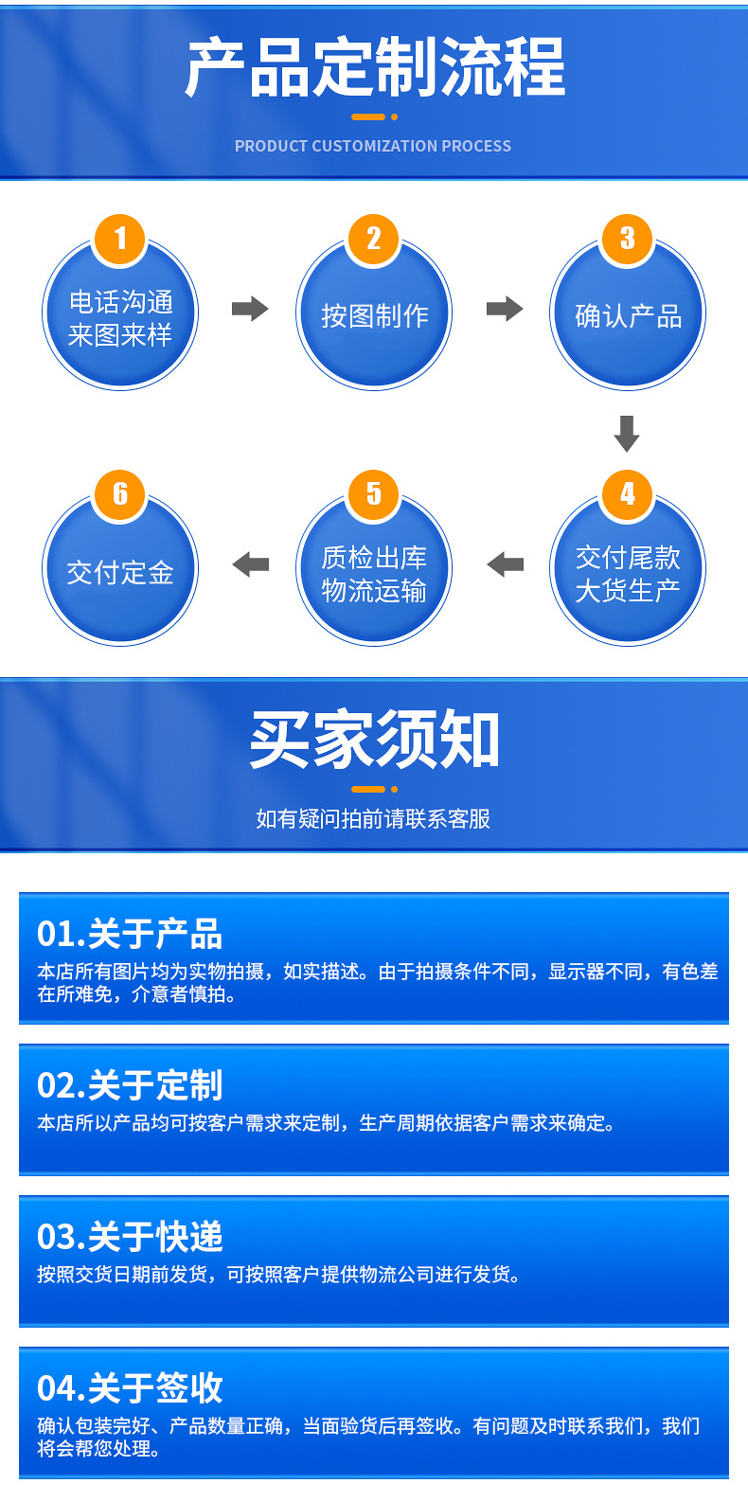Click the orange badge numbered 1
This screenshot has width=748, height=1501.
pos(120,238)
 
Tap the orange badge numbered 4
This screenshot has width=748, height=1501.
pos(628,493)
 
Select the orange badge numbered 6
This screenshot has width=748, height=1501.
pos(120,493)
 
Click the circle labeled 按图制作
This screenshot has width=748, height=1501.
pos(374,315)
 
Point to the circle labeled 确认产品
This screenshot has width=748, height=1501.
pos(628,315)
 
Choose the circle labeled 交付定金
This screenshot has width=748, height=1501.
pos(120,572)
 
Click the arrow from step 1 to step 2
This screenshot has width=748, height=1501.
pos(250,309)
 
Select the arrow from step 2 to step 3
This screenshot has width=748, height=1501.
pos(505,309)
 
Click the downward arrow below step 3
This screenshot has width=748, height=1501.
pos(627,433)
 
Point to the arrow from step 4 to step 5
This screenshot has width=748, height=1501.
pos(505,564)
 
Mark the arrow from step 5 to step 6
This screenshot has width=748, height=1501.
pos(250,564)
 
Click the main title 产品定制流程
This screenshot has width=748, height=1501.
pos(375,68)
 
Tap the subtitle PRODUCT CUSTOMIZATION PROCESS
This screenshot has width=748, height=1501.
pos(373,146)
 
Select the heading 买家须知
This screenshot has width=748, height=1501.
pos(374,740)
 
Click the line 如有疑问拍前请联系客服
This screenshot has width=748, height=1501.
pos(373,818)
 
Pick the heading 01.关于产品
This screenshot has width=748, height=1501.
pos(130,935)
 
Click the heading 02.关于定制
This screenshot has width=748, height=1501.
pos(130,1085)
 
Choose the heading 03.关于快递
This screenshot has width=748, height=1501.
pos(130,1237)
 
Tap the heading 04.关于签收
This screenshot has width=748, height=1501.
pos(130,1388)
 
